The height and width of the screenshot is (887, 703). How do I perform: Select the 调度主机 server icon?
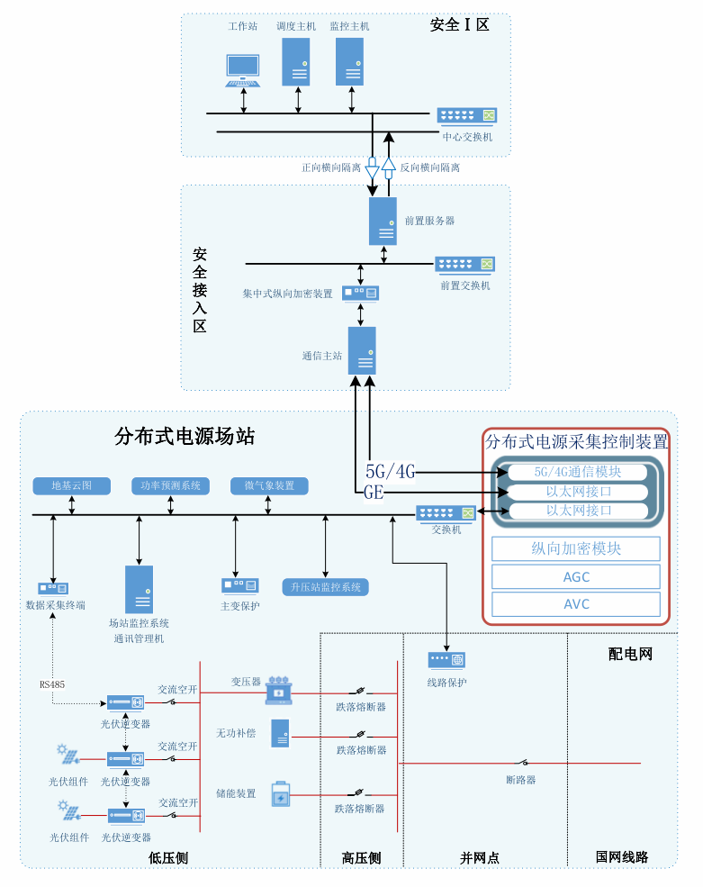tap(296, 61)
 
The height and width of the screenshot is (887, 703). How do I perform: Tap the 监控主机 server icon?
tap(349, 61)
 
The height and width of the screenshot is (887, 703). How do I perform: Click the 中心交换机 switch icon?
tap(467, 115)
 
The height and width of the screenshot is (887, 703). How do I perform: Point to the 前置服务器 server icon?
tap(383, 221)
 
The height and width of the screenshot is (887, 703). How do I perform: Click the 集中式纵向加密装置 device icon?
tap(361, 293)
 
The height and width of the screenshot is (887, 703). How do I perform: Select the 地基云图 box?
tap(72, 486)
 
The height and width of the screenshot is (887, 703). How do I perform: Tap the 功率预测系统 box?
tap(170, 486)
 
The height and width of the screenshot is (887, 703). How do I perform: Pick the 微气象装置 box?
tap(269, 486)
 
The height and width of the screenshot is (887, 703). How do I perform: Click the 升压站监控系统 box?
tap(326, 587)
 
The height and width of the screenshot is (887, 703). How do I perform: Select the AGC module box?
tap(576, 577)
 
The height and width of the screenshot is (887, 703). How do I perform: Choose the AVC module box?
tap(576, 603)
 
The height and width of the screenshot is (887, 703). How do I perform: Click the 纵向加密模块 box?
tap(576, 548)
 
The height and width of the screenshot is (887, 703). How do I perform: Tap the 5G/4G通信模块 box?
tap(577, 471)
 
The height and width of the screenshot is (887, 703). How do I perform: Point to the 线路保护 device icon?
tap(446, 660)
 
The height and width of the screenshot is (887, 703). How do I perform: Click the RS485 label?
tap(52, 684)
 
